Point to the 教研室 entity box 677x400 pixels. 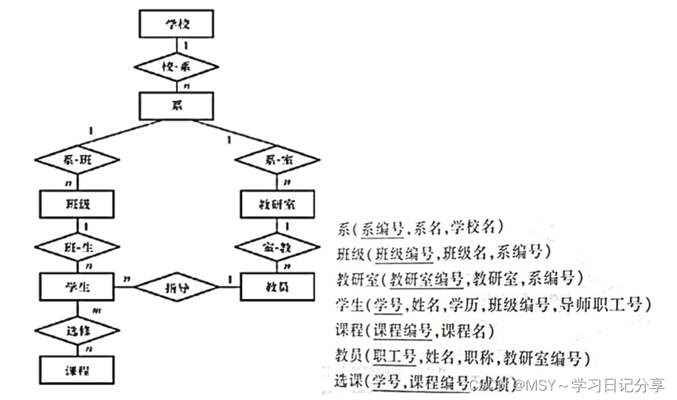tap(275, 205)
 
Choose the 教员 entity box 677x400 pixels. tap(275, 286)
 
